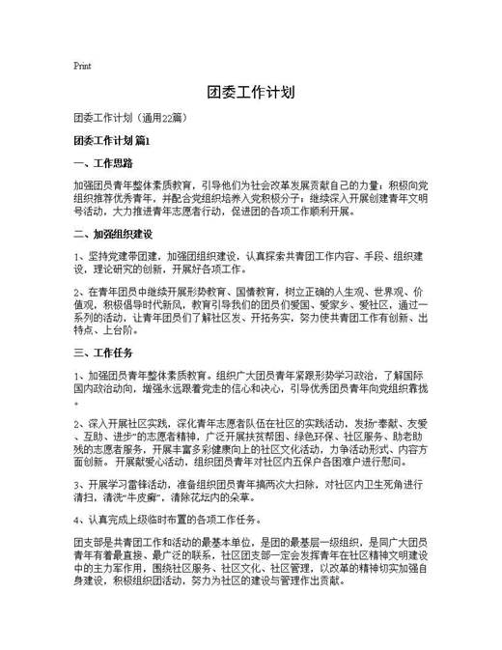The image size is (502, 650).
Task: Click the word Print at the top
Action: [x=82, y=67]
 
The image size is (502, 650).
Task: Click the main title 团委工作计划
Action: [x=250, y=93]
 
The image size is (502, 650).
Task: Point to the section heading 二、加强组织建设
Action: [x=114, y=233]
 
